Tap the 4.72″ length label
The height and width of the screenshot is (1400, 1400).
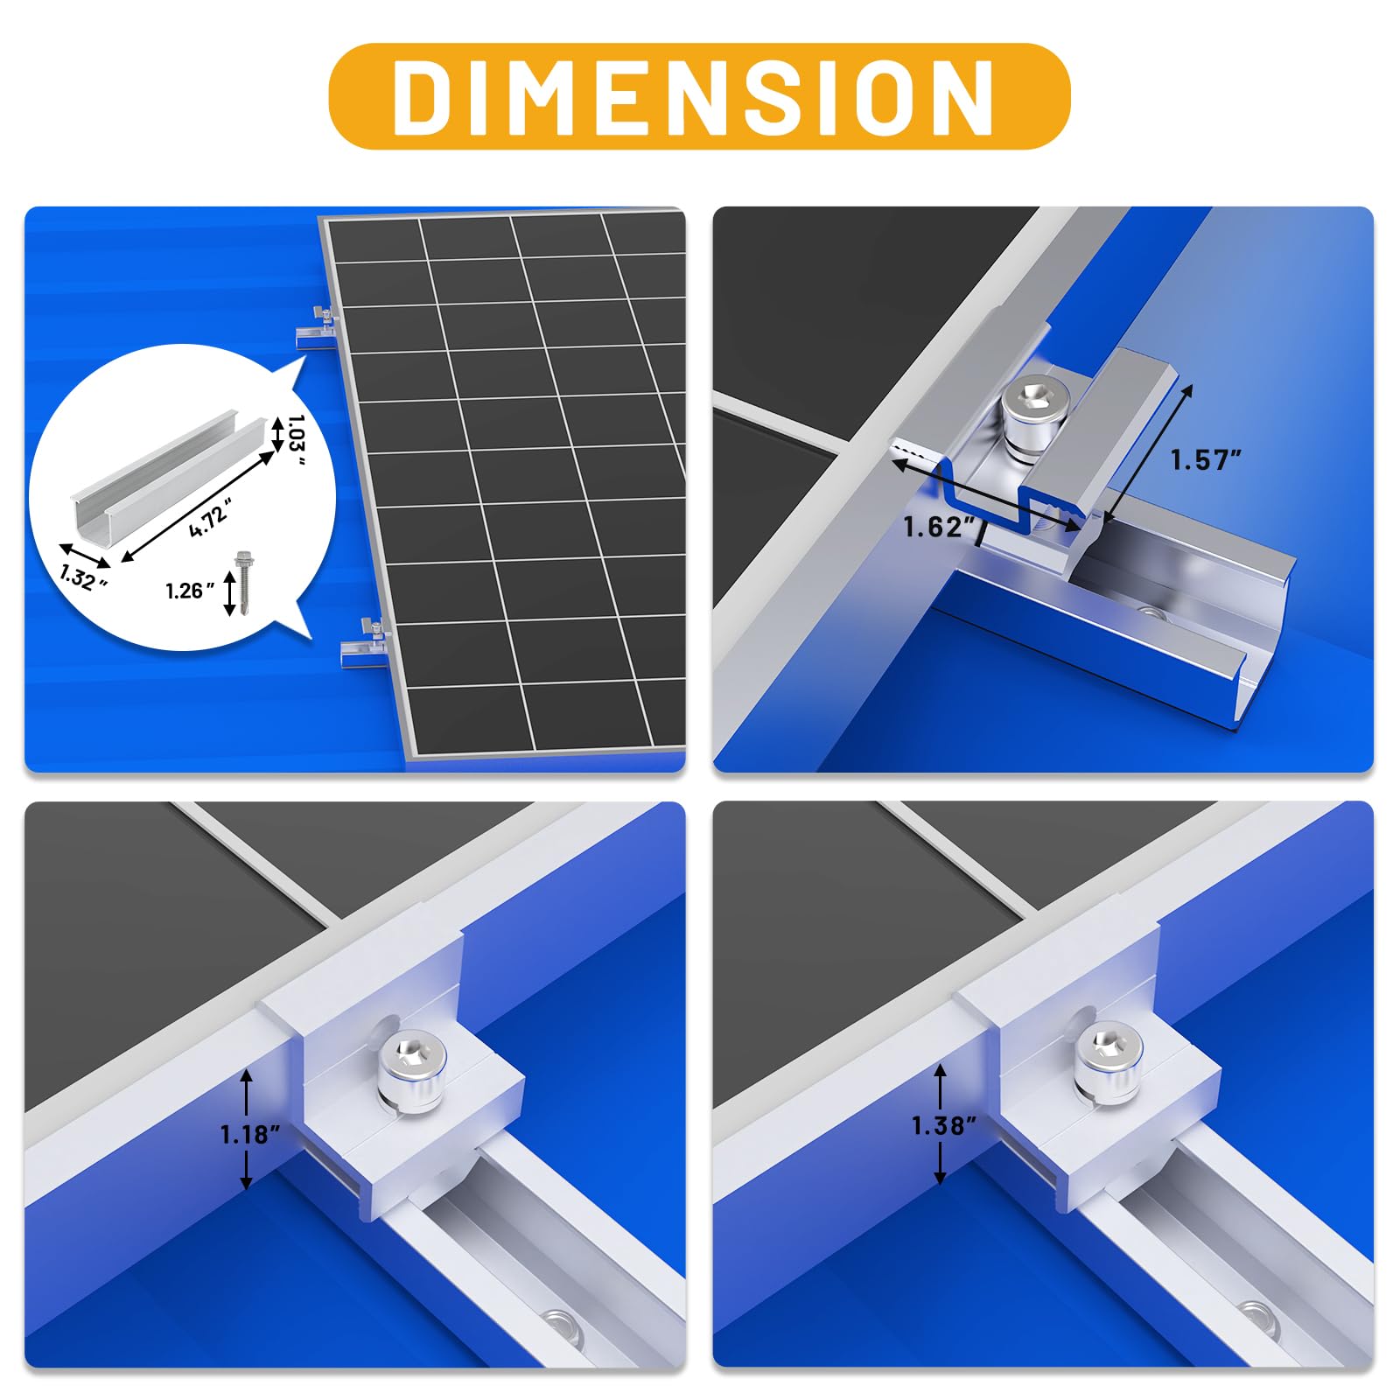[x=210, y=516]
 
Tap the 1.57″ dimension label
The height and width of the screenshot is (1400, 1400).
[x=1207, y=460]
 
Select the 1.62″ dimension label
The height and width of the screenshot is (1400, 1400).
[x=939, y=527]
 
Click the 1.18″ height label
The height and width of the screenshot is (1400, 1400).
[x=249, y=1135]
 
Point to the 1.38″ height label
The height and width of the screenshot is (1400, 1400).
[x=943, y=1126]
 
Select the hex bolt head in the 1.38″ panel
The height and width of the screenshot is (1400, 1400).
[x=1109, y=1051]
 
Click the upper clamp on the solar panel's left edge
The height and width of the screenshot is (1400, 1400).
[x=317, y=329]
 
